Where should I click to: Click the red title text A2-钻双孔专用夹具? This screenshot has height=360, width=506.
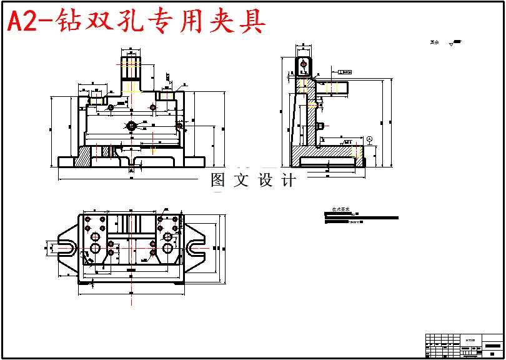(136, 22)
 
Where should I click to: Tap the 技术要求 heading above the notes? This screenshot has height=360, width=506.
(341, 210)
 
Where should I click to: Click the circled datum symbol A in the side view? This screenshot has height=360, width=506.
(369, 138)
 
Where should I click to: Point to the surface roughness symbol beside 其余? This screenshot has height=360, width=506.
(455, 42)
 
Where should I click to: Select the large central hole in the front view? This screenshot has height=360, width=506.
(132, 126)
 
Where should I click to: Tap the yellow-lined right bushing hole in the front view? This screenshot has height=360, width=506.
(166, 96)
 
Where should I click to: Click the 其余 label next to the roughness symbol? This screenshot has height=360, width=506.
(435, 42)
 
